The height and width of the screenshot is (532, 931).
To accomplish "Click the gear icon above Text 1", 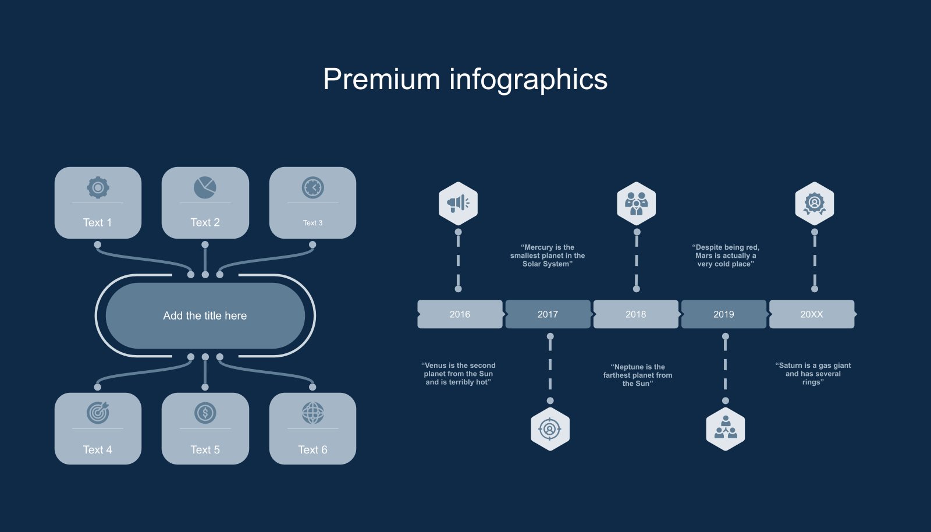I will tap(98, 187).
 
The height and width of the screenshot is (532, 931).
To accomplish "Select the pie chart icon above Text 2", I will tap(205, 187).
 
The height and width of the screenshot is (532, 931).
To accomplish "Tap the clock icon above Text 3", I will tap(312, 187).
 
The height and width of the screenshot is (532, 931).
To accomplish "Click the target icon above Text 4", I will tap(98, 413).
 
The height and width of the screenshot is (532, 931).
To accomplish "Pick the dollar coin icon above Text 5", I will tap(205, 413).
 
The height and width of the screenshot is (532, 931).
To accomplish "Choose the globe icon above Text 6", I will tap(312, 413).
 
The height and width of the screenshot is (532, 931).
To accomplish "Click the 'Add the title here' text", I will tap(205, 315).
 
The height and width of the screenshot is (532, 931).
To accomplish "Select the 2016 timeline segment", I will tap(460, 314).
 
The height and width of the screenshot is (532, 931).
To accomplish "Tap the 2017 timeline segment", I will tap(548, 314).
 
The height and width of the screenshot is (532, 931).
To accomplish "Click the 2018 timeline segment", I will tap(635, 314).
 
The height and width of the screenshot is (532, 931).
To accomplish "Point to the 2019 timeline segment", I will tap(723, 314).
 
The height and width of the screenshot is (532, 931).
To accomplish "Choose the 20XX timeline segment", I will tap(812, 314).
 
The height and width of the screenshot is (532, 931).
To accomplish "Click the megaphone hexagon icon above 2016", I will tap(458, 203).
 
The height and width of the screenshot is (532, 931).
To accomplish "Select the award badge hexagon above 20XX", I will tap(814, 203).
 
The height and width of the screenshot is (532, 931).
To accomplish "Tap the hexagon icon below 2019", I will tap(725, 430).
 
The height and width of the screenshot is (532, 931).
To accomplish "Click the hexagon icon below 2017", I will tap(550, 430).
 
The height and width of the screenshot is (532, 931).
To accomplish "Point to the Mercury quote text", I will tap(548, 256).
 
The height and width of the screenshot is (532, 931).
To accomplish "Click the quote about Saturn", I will tap(813, 374).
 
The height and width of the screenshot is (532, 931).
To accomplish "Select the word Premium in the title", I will tap(381, 79).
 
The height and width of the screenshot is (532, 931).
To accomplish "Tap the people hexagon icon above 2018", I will tap(636, 203).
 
